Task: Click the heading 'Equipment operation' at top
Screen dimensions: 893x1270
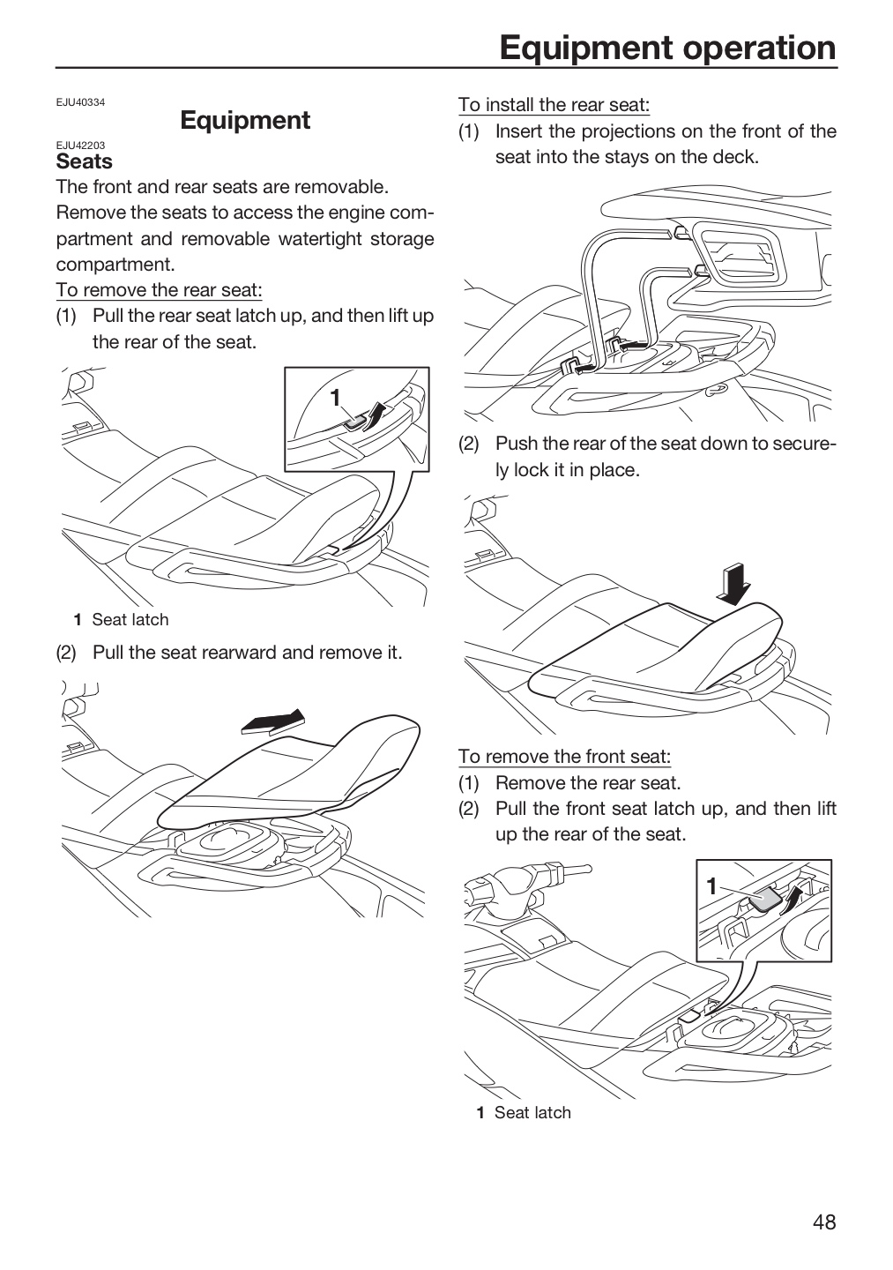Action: [667, 48]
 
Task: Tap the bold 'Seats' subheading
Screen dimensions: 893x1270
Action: [84, 161]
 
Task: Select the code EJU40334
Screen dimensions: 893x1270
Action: [80, 102]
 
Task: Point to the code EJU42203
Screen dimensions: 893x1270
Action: [80, 146]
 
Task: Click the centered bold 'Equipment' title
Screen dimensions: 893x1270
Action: [245, 120]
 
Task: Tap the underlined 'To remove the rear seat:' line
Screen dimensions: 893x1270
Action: [160, 290]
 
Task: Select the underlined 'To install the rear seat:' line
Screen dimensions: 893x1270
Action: [554, 105]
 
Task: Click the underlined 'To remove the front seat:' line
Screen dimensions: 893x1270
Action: [564, 757]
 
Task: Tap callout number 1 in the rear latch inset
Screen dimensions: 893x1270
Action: [336, 398]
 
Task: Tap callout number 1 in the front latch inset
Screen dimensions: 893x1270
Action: [712, 886]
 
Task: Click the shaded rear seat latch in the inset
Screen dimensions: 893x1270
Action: [354, 422]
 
